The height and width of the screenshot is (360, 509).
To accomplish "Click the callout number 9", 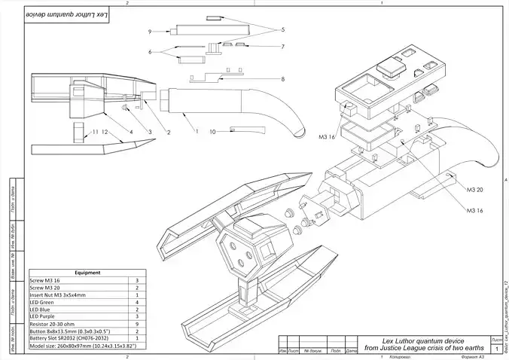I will [151, 32].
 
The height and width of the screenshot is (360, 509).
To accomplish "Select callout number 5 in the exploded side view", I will [283, 30].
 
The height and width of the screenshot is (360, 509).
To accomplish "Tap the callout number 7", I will [283, 47].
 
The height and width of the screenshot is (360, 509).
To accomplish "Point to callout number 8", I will [283, 79].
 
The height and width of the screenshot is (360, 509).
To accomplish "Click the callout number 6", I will [151, 51].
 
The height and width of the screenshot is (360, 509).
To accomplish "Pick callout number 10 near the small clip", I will [214, 132].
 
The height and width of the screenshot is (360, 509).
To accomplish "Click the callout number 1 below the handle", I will [197, 132].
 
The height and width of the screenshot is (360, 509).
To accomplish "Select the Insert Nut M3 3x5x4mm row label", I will [56, 295].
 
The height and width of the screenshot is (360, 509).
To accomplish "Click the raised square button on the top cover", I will [390, 69].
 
